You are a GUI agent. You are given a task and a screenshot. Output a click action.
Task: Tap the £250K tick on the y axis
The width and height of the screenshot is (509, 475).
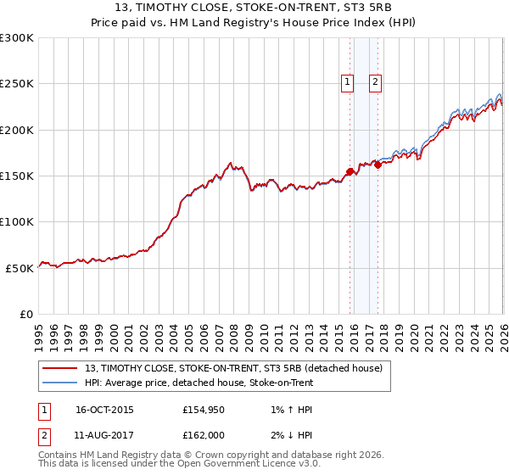pyautogui.click(x=17, y=84)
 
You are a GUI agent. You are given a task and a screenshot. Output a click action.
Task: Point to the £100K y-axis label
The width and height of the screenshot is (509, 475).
pyautogui.click(x=17, y=222)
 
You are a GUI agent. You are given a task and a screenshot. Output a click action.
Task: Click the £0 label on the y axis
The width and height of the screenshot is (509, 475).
pyautogui.click(x=25, y=314)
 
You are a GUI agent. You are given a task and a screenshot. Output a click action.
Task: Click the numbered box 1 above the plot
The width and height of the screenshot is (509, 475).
pyautogui.click(x=347, y=82)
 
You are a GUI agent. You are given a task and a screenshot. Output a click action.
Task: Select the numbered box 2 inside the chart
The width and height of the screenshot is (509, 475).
pyautogui.click(x=375, y=82)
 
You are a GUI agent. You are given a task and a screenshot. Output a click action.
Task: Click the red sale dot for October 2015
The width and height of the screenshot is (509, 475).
pyautogui.click(x=350, y=171)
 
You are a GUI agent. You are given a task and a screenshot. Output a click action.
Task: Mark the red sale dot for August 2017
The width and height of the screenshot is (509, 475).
pyautogui.click(x=378, y=165)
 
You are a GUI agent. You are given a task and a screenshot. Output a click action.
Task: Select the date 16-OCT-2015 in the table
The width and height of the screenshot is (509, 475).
pyautogui.click(x=104, y=410)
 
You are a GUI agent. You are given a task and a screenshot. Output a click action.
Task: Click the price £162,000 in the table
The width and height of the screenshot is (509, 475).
pyautogui.click(x=202, y=437)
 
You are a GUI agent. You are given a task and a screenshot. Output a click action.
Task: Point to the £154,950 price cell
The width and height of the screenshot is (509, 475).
pyautogui.click(x=202, y=410)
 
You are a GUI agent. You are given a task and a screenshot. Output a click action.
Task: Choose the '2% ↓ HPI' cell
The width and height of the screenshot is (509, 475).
pyautogui.click(x=289, y=437)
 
